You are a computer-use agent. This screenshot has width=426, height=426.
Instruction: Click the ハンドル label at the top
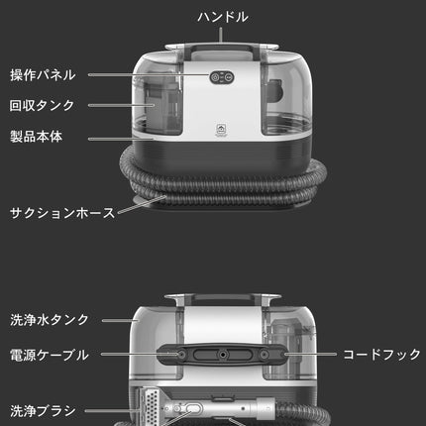223,17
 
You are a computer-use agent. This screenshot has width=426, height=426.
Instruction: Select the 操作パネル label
43,75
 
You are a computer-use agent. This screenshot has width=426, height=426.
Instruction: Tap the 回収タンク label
42,106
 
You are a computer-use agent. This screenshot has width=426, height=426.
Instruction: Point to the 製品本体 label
36,137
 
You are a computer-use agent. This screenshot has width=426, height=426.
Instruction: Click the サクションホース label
62,213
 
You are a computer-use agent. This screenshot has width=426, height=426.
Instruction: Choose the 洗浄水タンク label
50,320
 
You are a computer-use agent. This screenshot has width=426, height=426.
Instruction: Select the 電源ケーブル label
50,356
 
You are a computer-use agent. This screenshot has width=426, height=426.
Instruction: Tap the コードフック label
382,355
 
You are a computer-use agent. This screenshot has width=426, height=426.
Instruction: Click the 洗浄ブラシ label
43,411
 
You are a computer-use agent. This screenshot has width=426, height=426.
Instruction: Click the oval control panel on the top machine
222,77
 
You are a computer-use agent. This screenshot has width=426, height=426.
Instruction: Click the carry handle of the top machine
222,50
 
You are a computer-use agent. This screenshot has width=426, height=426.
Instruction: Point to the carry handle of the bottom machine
223,298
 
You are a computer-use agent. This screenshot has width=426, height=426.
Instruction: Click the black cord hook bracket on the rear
223,355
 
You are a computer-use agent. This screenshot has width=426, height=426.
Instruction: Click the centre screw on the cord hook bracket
223,355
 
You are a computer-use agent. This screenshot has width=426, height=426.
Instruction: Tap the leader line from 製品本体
121,139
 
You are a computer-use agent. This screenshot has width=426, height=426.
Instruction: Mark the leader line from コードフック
311,355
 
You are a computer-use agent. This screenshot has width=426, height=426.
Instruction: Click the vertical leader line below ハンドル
221,36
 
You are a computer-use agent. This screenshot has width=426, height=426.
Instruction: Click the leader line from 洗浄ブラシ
112,411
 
